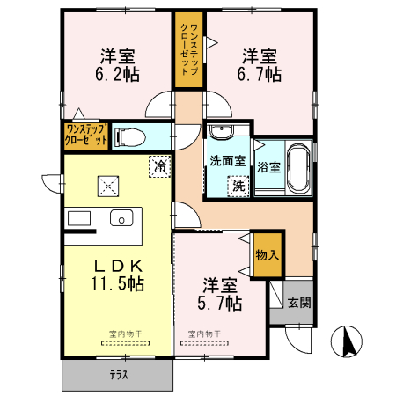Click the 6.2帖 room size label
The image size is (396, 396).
pos(118,75)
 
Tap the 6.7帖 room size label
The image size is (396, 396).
pos(262,75)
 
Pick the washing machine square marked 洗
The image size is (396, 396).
pos(237,185)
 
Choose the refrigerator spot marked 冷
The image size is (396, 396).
pos(159,165)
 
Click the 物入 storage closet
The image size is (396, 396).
pos(267,254)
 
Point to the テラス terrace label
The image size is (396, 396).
pos(117,376)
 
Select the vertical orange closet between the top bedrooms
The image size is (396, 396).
pos(187,50)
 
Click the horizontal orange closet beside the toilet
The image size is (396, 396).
pos(85,136)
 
